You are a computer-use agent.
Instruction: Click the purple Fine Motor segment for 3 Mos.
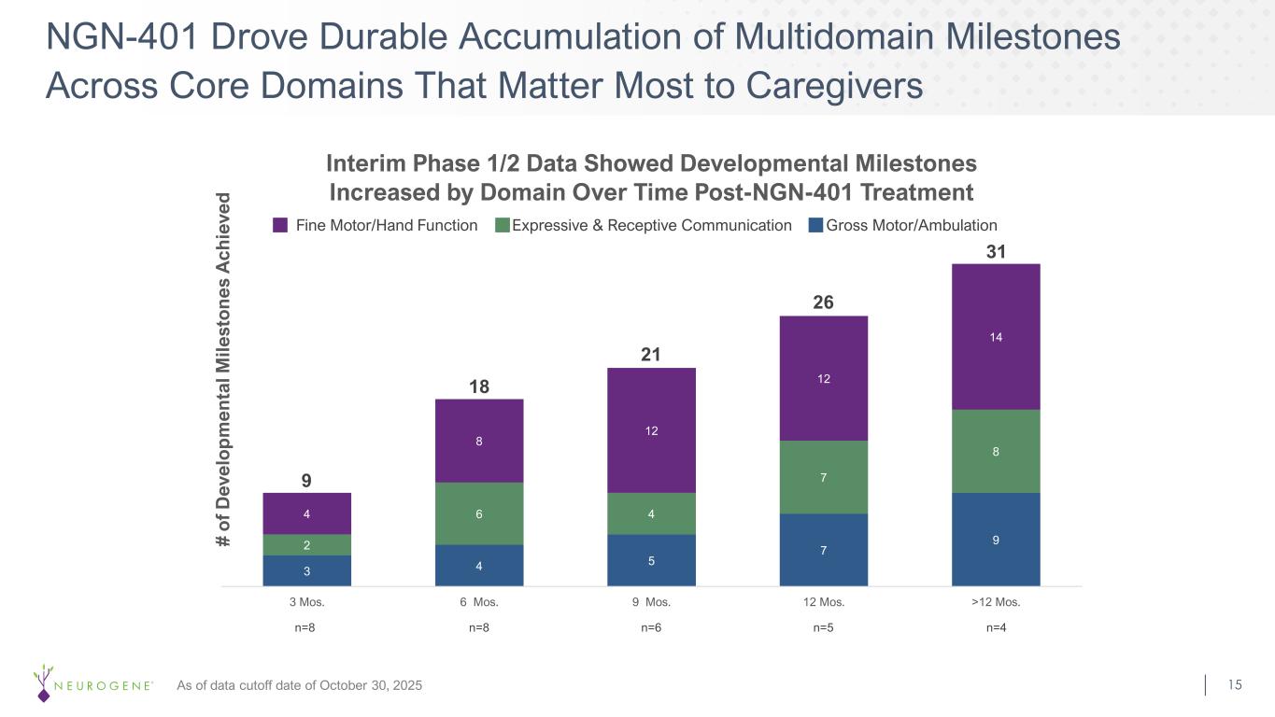point(307,513)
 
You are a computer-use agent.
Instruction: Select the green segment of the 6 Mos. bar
point(479,513)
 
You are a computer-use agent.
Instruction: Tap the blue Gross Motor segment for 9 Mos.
point(651,560)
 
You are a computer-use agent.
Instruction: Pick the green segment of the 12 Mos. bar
point(823,477)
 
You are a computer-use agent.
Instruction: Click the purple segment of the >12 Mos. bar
point(996,336)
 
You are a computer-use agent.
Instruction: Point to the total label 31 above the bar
point(996,253)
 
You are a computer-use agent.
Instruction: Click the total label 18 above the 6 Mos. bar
point(479,387)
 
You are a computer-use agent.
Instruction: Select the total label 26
point(823,303)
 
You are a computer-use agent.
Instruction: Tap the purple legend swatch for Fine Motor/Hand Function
point(280,225)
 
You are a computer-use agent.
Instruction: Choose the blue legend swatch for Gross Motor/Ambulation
point(816,225)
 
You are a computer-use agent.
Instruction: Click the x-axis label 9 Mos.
point(651,602)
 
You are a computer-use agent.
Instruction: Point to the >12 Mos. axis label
point(996,602)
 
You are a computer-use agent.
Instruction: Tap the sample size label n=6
point(651,628)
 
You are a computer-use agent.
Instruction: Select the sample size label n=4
point(996,628)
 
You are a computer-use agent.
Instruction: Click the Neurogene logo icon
point(42,682)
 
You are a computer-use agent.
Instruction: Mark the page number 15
point(1235,685)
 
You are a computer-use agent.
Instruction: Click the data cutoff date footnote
point(299,686)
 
